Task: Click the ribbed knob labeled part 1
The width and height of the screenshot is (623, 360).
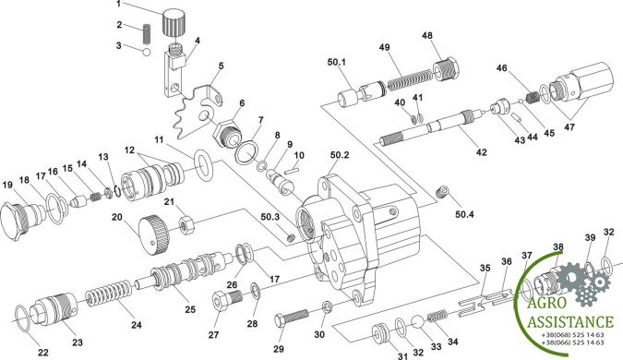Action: point(174,23)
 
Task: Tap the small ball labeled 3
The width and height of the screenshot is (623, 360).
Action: point(146,53)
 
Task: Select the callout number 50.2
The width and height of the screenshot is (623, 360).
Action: point(340,154)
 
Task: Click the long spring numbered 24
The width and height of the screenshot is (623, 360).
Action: point(109,294)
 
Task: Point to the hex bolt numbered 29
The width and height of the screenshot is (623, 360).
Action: point(292,317)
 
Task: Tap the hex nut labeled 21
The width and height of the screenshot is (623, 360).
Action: point(186,226)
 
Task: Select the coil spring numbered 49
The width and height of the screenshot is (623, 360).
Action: point(409,80)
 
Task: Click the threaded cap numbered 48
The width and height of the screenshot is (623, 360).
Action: point(445,69)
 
